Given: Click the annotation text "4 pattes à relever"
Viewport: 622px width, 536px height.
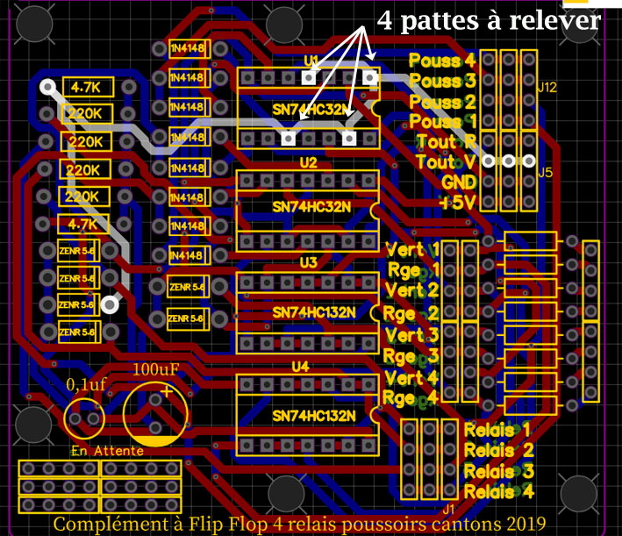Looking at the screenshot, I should tap(489, 20).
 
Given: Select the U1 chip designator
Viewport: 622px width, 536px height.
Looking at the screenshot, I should tap(311, 61).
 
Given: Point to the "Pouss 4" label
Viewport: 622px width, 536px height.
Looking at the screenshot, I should tap(443, 61).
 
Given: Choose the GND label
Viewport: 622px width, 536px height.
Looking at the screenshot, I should tap(460, 182).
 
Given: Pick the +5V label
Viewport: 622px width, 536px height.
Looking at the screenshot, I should tap(458, 202).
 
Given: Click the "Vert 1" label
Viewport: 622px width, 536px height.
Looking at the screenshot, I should tap(411, 249).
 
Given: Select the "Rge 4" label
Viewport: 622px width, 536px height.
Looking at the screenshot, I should tap(411, 398).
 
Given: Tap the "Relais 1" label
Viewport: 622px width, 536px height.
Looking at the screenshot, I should tap(497, 430).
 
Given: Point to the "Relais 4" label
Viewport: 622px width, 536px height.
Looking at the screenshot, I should tap(497, 491).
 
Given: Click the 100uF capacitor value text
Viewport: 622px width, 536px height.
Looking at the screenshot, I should tap(155, 370).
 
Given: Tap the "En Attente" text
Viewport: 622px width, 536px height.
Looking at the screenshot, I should tap(101, 450).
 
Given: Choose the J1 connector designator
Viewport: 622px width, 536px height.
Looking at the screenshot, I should tap(448, 508).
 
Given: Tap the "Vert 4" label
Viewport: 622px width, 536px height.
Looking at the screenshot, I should tap(411, 378).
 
